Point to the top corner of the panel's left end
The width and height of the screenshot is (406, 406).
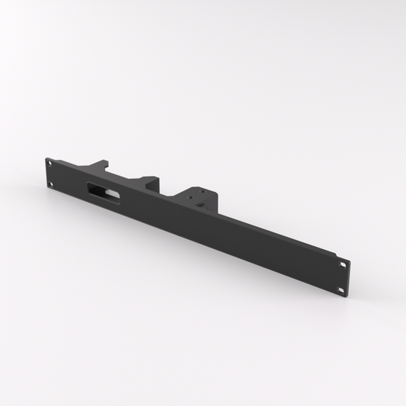pyautogui.click(x=46, y=158)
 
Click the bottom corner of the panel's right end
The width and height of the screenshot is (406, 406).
pyautogui.click(x=347, y=294)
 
